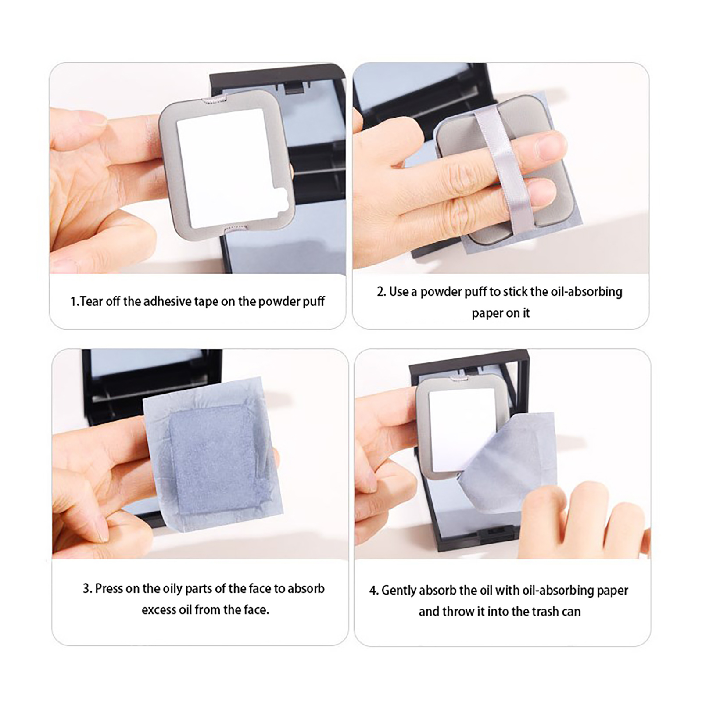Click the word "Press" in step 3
coord(109,588)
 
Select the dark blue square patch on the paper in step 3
coord(213,458)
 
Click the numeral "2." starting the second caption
coord(381,292)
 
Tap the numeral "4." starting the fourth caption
coord(373,591)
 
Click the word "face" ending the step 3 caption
coord(257,610)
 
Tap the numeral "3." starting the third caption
coord(87,588)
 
